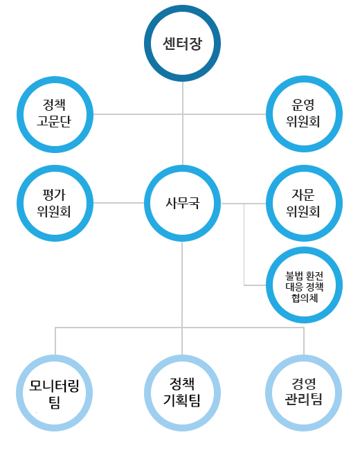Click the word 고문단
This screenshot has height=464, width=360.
pyautogui.click(x=54, y=121)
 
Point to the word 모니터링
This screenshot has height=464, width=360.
pyautogui.click(x=54, y=386)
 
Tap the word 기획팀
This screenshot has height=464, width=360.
pyautogui.click(x=182, y=400)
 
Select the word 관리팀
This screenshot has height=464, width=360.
pyautogui.click(x=303, y=399)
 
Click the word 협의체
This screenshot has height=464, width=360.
pyautogui.click(x=305, y=298)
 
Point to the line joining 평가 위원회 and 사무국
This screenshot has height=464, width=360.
pyautogui.click(x=118, y=203)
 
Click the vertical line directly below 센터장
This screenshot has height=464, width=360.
pyautogui.click(x=183, y=123)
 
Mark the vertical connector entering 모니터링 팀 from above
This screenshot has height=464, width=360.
pyautogui.click(x=55, y=341)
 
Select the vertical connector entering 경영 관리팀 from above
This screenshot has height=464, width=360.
pyautogui.click(x=304, y=341)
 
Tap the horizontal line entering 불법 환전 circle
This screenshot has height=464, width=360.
pyautogui.click(x=255, y=285)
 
